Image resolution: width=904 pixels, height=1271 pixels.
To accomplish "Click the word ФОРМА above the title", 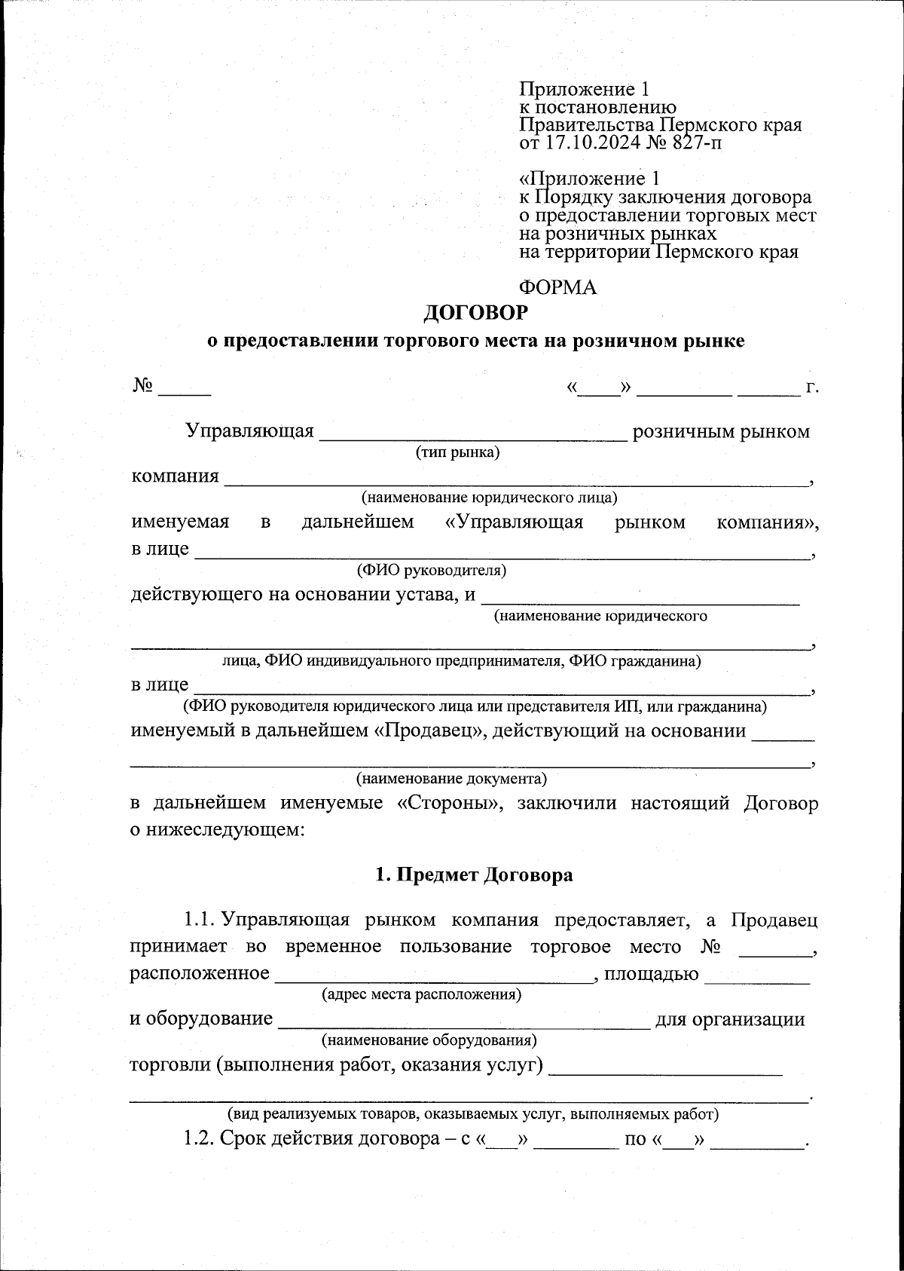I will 557,287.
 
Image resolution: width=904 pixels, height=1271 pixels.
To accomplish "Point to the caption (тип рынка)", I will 458,452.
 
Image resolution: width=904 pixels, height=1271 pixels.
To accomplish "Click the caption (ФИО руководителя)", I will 432,570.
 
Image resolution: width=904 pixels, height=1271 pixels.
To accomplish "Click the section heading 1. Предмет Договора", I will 474,874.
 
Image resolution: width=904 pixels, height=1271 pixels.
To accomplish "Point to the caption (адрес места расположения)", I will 421,994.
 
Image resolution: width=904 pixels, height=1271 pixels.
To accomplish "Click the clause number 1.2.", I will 199,1138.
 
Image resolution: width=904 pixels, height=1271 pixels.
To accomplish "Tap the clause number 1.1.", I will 200,920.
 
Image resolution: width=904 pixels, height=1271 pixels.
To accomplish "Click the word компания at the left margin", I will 176,476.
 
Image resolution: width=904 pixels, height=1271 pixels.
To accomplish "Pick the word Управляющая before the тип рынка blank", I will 249,432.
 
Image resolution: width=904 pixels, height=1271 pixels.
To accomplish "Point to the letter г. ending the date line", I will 811,389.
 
